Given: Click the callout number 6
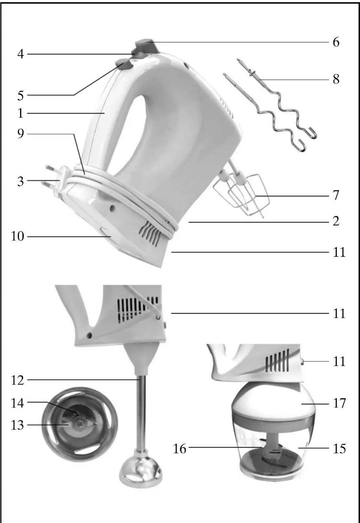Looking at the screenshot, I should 336,42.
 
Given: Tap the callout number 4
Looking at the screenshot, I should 20,54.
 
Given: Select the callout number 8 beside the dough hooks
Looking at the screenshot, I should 336,79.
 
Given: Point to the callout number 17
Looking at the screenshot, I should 339,403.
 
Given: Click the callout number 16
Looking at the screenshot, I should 179,449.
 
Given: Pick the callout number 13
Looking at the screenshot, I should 17,425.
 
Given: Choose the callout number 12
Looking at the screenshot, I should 17,380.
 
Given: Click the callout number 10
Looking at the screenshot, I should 17,237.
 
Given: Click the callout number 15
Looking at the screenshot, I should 339,449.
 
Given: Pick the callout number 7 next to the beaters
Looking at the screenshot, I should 336,195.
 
